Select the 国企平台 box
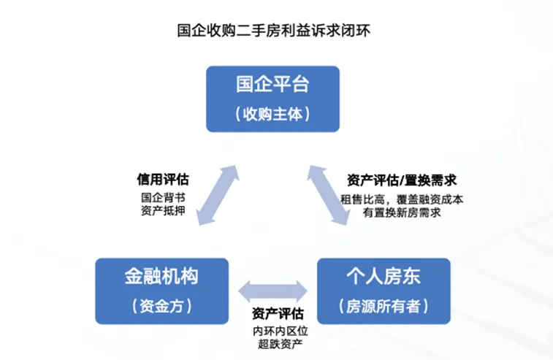point(272,99)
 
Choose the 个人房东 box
point(383,290)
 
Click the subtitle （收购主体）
point(272,115)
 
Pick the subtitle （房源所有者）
point(383,306)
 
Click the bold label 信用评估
point(163,180)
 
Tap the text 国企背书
point(163,197)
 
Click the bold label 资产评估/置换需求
point(402,180)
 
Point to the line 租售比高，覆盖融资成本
point(402,198)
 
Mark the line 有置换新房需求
point(402,212)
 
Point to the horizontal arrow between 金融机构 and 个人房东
point(275,289)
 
